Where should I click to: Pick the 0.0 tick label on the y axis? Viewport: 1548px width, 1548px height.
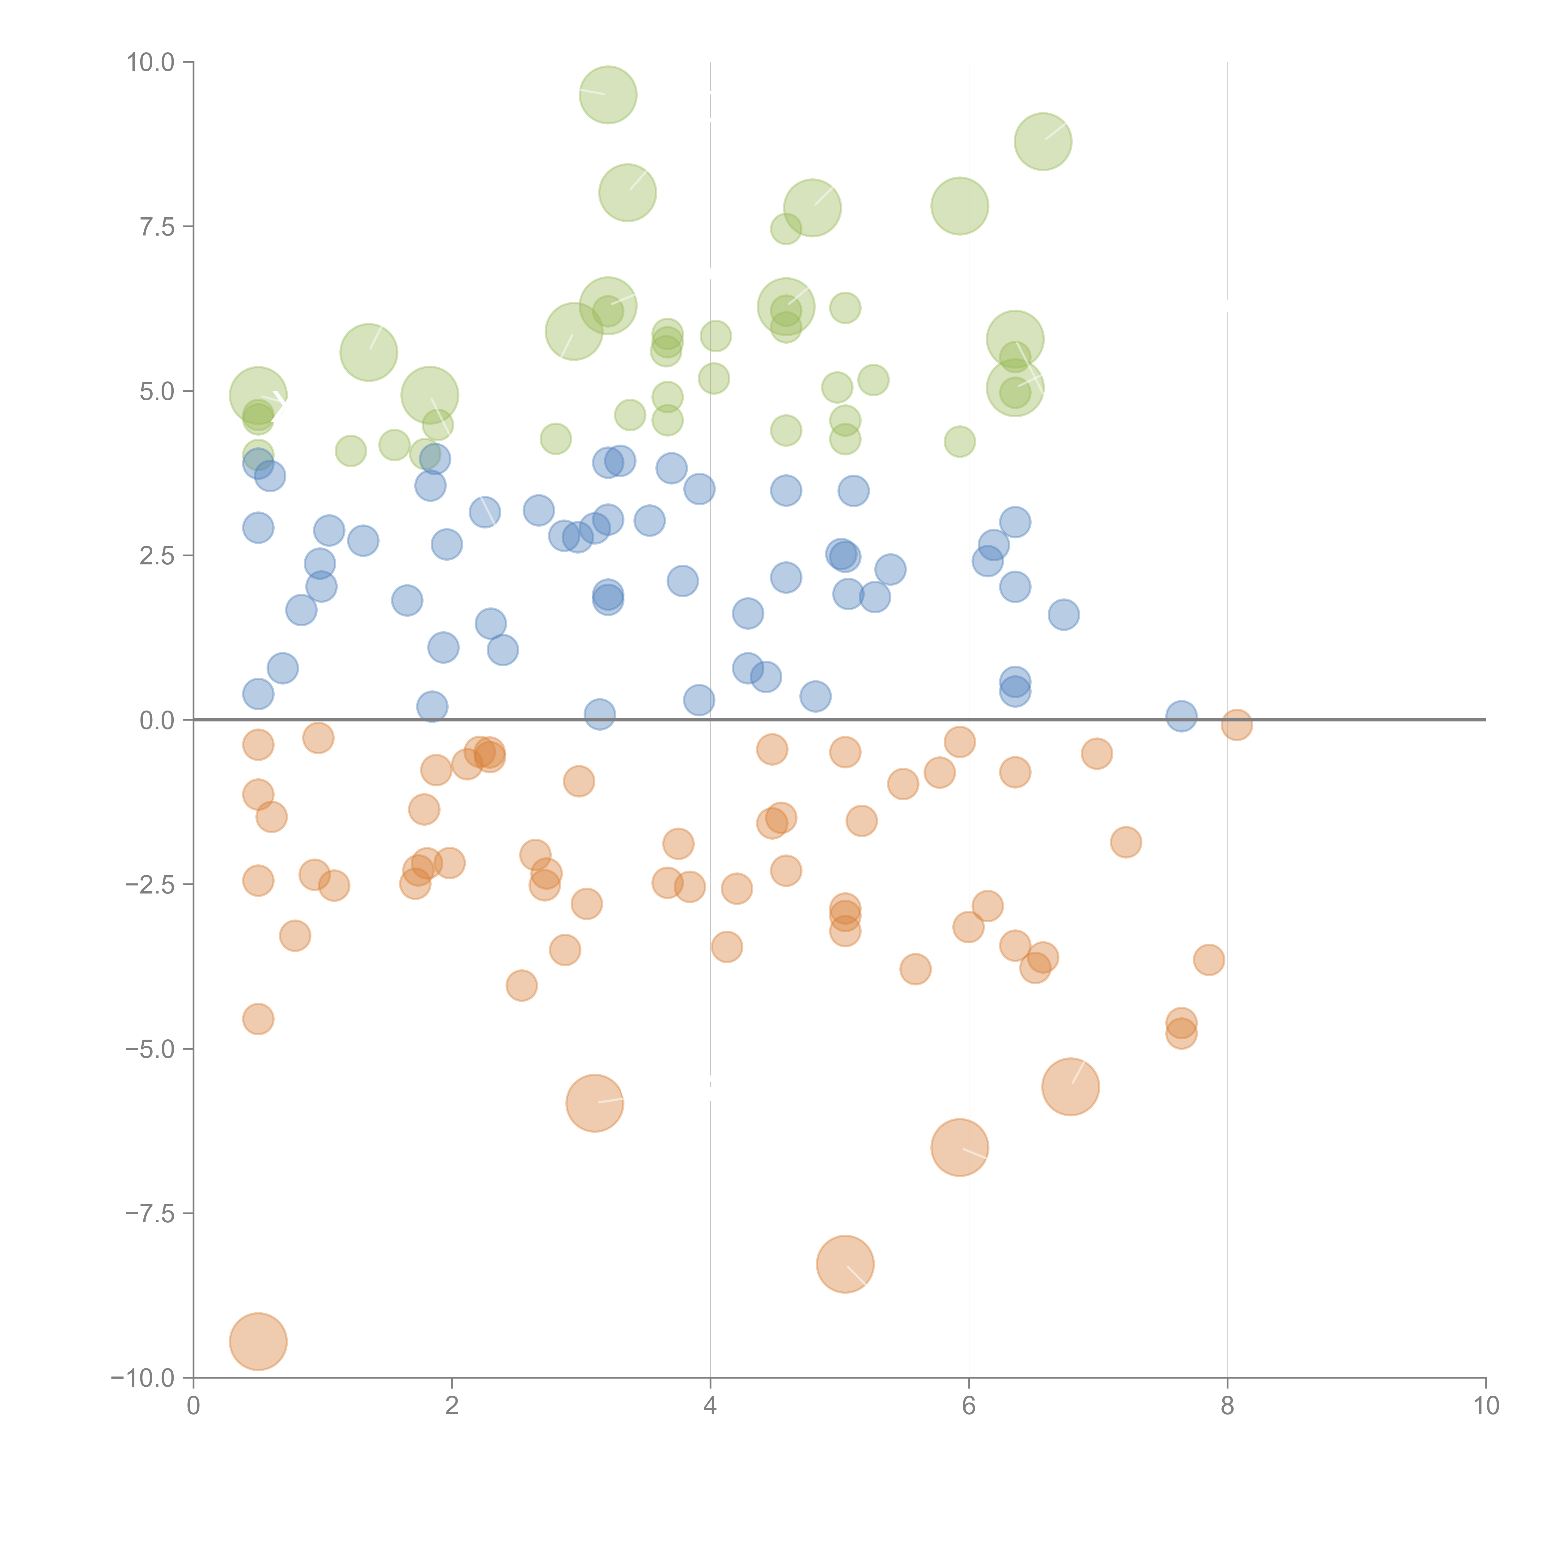[157, 720]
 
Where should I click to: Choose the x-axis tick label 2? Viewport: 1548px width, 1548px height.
[452, 1406]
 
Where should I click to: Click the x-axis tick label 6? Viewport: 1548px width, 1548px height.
[969, 1406]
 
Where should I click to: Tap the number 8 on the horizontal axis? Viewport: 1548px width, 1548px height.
[1228, 1406]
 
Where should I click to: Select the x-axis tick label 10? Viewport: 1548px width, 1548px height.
[1485, 1406]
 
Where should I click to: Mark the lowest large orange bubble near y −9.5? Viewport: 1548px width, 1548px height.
[258, 1341]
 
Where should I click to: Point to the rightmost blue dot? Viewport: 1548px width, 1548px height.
[1181, 716]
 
